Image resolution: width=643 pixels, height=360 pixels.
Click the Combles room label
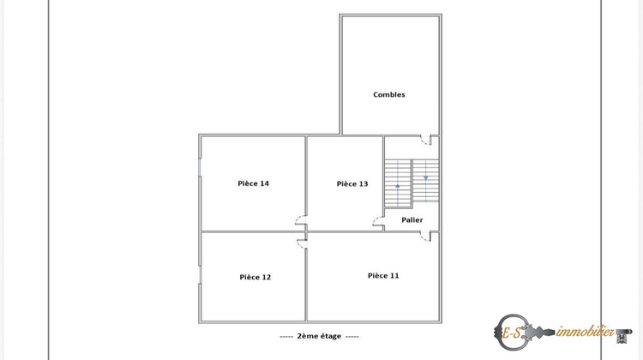pyautogui.click(x=388, y=94)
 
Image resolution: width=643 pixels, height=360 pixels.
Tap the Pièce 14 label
pyautogui.click(x=253, y=183)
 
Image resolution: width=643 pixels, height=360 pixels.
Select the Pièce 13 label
pyautogui.click(x=352, y=183)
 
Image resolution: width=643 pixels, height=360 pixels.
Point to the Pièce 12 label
pyautogui.click(x=255, y=277)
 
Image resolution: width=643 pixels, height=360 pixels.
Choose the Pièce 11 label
pyautogui.click(x=383, y=275)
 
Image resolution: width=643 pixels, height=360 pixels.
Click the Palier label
pyautogui.click(x=412, y=219)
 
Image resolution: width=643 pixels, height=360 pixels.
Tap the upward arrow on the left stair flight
pyautogui.click(x=398, y=185)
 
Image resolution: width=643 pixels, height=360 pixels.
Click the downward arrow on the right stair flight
pyautogui.click(x=425, y=177)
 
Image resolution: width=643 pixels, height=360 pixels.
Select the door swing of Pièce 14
pyautogui.click(x=299, y=219)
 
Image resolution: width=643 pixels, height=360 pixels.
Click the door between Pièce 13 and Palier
pyautogui.click(x=378, y=224)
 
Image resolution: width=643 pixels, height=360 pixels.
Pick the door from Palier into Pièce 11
pyautogui.click(x=426, y=237)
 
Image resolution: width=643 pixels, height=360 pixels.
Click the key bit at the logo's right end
pyautogui.click(x=624, y=331)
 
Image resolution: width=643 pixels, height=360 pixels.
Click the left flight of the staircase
pyautogui.click(x=398, y=183)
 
